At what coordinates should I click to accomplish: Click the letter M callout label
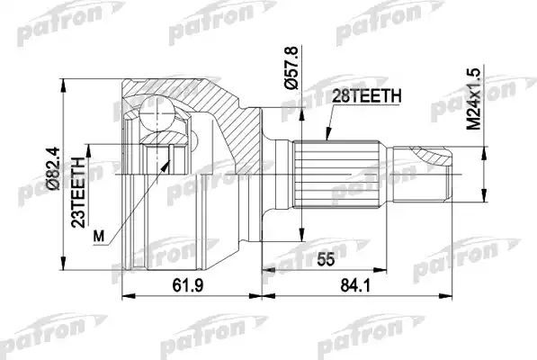[x=100, y=236]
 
